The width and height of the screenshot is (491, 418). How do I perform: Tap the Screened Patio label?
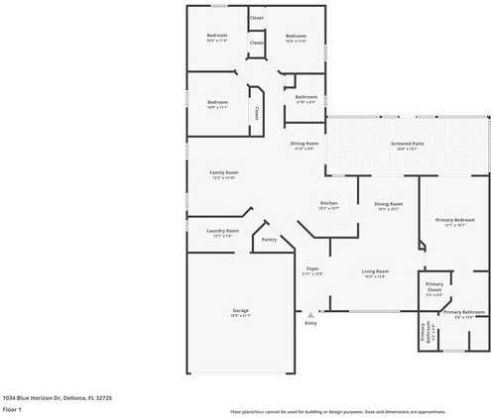408,144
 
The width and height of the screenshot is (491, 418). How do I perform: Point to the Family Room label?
223,172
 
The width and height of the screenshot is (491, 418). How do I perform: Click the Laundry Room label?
222,231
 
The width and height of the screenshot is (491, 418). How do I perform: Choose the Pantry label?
268,239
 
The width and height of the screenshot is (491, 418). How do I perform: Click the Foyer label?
311,268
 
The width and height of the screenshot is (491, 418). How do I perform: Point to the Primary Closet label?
433,289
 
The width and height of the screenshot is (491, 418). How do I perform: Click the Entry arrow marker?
309,314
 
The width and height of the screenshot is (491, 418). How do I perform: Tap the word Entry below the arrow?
309,323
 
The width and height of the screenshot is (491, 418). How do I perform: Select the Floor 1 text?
12,408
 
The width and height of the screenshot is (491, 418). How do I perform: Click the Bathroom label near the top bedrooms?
306,96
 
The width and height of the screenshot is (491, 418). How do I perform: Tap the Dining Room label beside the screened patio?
304,144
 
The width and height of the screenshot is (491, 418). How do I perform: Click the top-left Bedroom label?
217,36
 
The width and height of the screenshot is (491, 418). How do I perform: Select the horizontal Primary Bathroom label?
464,312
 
